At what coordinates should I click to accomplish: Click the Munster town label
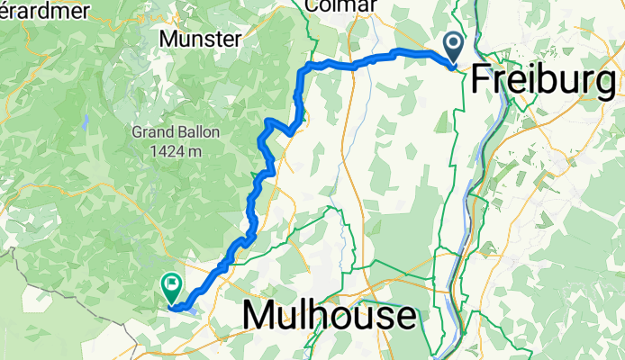199,39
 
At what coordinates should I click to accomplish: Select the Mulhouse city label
330,316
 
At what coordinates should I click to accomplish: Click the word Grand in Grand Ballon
151,131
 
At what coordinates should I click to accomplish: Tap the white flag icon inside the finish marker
171,284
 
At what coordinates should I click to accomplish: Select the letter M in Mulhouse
259,316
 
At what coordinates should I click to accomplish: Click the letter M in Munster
167,39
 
